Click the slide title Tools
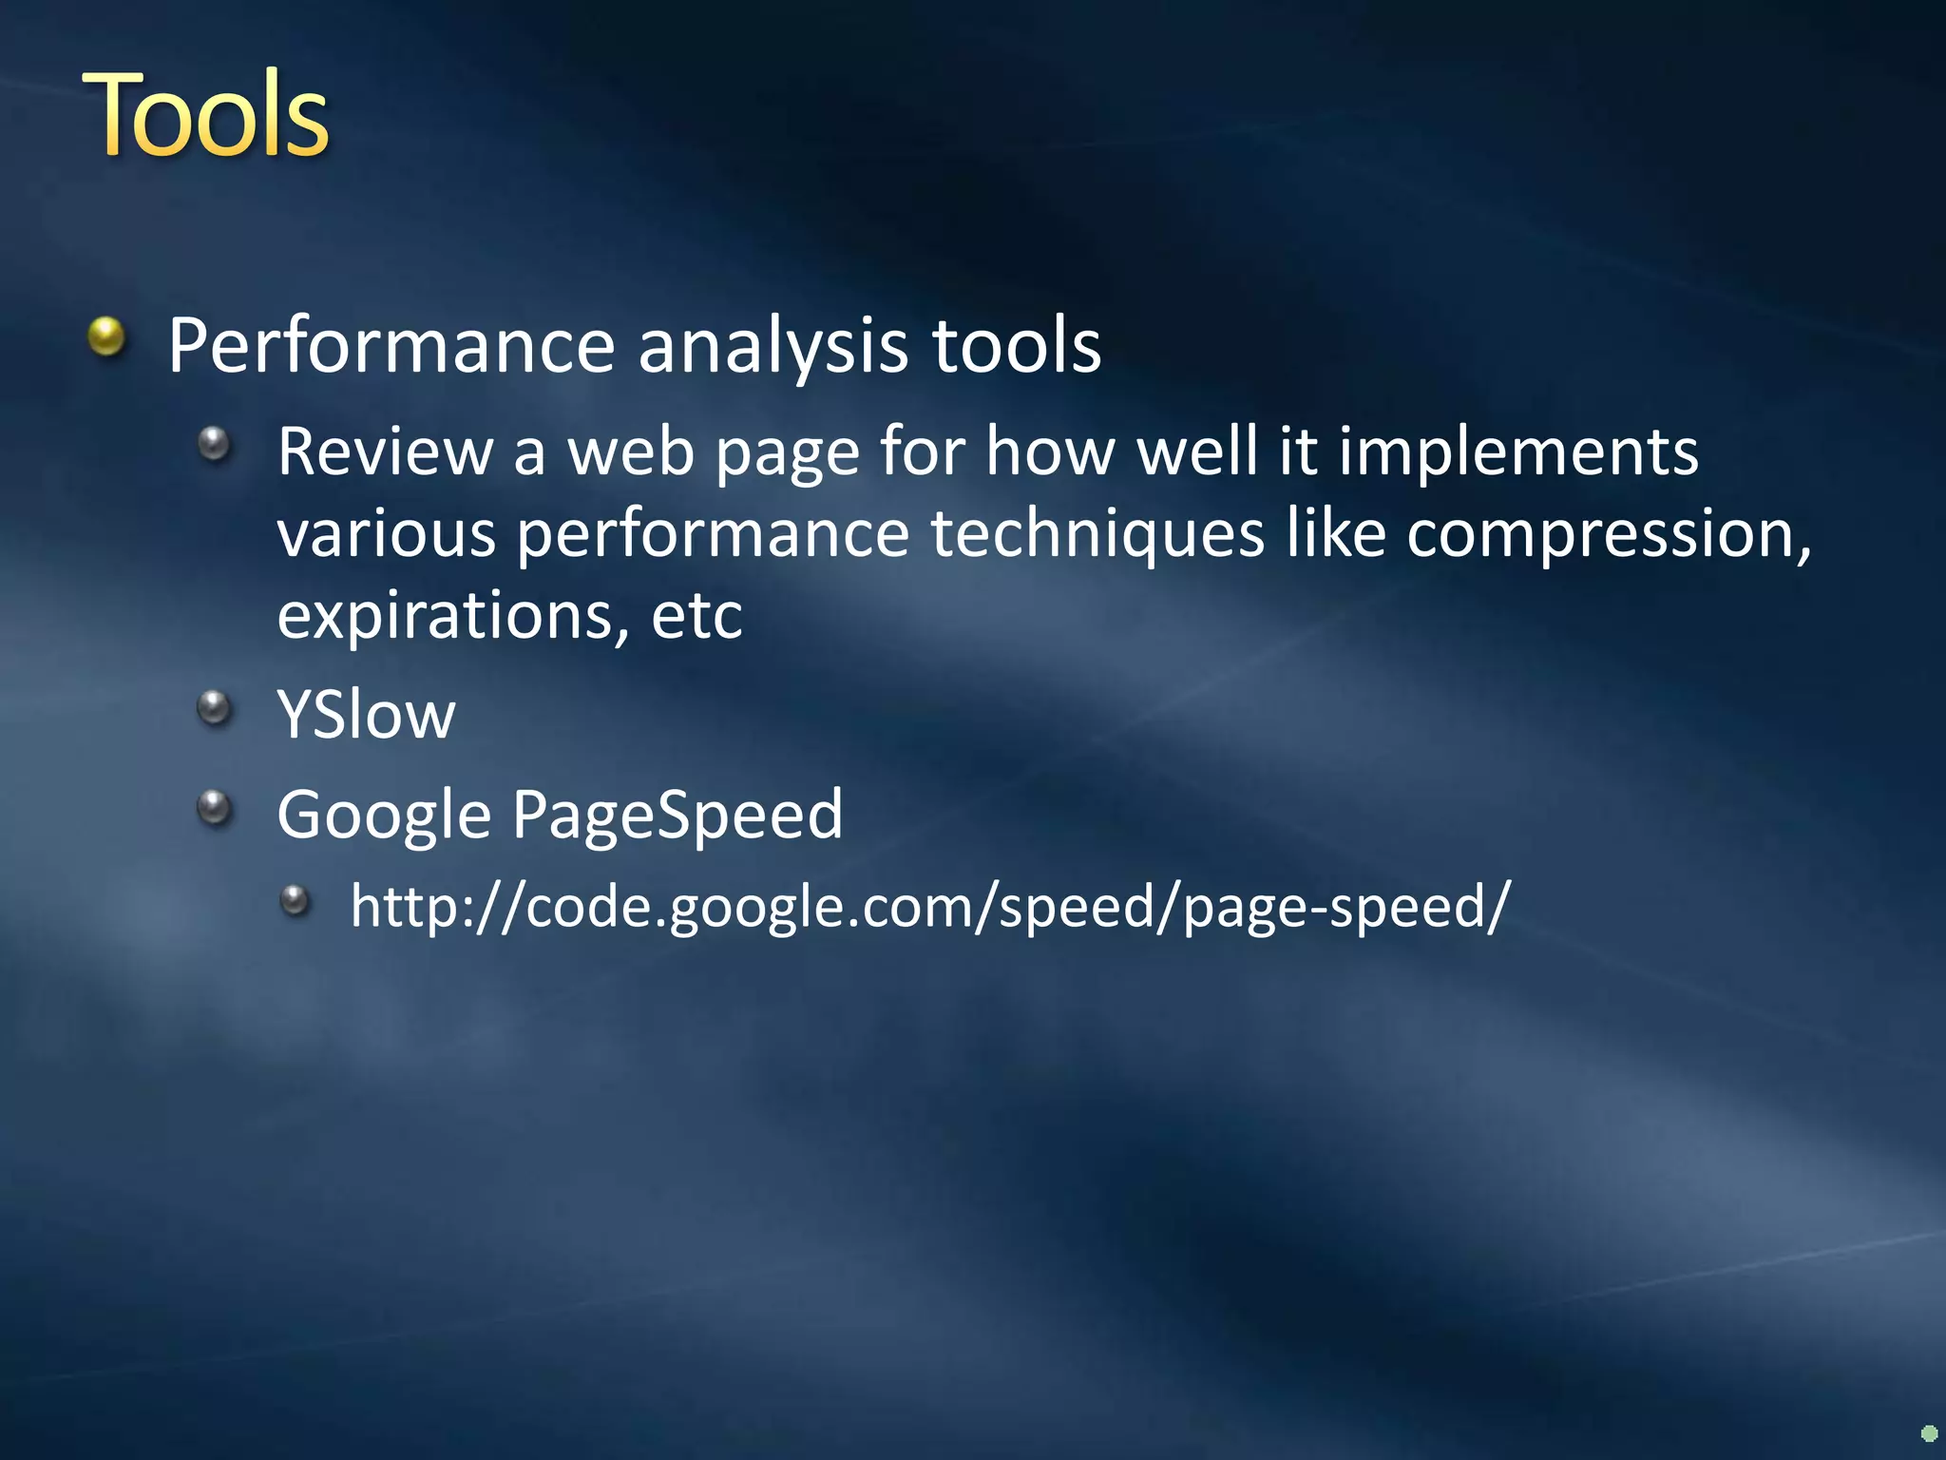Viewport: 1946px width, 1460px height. point(206,116)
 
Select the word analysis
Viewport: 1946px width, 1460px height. point(773,346)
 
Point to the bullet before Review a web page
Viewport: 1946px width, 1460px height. point(215,443)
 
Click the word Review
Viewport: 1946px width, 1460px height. point(385,451)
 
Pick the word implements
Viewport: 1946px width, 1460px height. point(1517,453)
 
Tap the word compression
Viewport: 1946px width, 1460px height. point(1608,534)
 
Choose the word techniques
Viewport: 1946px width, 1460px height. point(1097,534)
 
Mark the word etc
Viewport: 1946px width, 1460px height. point(696,617)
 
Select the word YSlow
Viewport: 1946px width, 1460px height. point(366,715)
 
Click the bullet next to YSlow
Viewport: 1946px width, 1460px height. point(215,707)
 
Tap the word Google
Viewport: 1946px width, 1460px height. point(384,816)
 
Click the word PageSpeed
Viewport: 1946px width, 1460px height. point(677,816)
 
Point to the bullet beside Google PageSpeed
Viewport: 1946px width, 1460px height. point(215,808)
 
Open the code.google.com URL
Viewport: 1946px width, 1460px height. point(929,907)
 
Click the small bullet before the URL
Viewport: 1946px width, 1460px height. point(296,899)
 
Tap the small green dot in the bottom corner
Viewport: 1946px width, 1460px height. point(1929,1432)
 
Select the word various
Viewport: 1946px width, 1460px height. point(386,534)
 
